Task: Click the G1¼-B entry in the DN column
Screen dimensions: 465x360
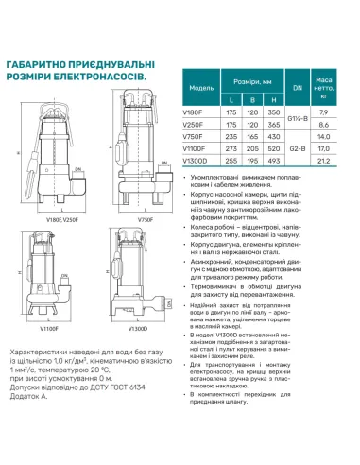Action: pos(300,117)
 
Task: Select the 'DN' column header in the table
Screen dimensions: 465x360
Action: pos(300,83)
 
